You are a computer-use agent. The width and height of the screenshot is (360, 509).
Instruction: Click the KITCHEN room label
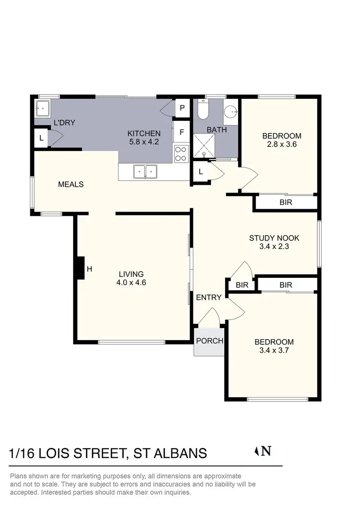(144, 133)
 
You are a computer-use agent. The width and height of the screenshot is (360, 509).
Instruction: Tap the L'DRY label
(64, 123)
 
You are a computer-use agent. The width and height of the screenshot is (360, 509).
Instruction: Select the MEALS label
(71, 184)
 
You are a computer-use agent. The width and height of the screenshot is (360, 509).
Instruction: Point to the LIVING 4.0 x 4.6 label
(131, 278)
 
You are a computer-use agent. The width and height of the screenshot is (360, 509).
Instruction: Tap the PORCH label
(210, 341)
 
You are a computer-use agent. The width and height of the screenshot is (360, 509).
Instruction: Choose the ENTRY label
(209, 297)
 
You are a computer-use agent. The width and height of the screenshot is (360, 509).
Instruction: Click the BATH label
(216, 130)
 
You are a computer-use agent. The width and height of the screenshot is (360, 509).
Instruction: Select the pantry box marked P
(182, 108)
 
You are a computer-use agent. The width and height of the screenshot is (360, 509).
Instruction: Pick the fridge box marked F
(182, 132)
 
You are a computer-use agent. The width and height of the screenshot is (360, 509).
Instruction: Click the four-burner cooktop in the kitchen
(181, 154)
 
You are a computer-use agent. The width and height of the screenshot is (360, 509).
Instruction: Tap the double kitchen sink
(144, 170)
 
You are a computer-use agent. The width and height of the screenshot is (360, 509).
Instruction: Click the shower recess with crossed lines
(204, 145)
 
